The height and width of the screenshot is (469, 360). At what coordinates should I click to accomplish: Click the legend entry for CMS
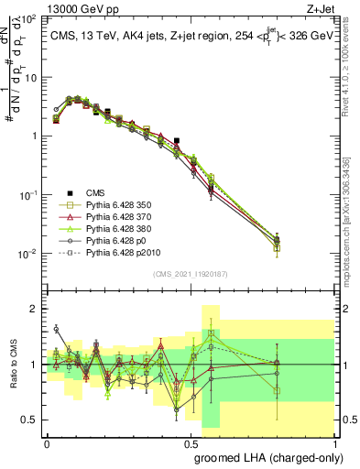coord(96,192)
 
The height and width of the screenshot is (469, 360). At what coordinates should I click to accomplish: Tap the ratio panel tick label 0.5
coord(32,420)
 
